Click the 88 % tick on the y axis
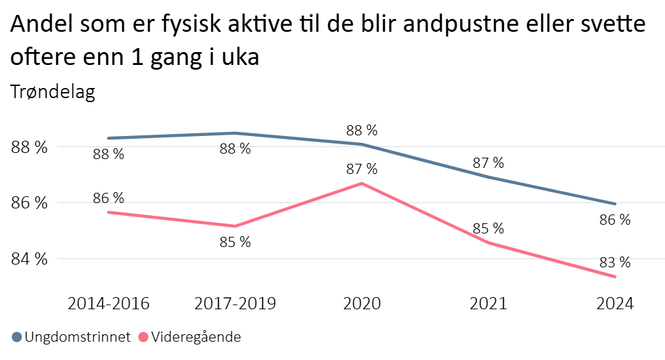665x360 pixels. (x=29, y=147)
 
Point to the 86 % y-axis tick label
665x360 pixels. (x=29, y=203)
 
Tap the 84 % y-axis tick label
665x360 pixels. (x=29, y=259)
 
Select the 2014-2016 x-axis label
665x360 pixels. (x=108, y=304)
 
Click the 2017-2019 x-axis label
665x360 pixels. (x=235, y=304)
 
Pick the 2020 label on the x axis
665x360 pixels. (x=362, y=304)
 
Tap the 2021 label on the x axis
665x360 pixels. (x=488, y=304)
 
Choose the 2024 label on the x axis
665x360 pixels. (x=615, y=304)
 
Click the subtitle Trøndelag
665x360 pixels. (x=53, y=92)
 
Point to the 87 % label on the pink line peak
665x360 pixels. (x=362, y=169)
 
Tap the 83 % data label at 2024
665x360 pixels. (x=615, y=263)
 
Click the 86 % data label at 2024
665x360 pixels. (x=615, y=220)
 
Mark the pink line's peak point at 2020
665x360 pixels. (x=362, y=183)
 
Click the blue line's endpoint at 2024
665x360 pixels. (x=615, y=204)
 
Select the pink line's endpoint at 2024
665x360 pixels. (x=615, y=277)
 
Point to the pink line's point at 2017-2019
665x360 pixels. (x=235, y=226)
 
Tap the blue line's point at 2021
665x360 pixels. (x=488, y=177)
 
